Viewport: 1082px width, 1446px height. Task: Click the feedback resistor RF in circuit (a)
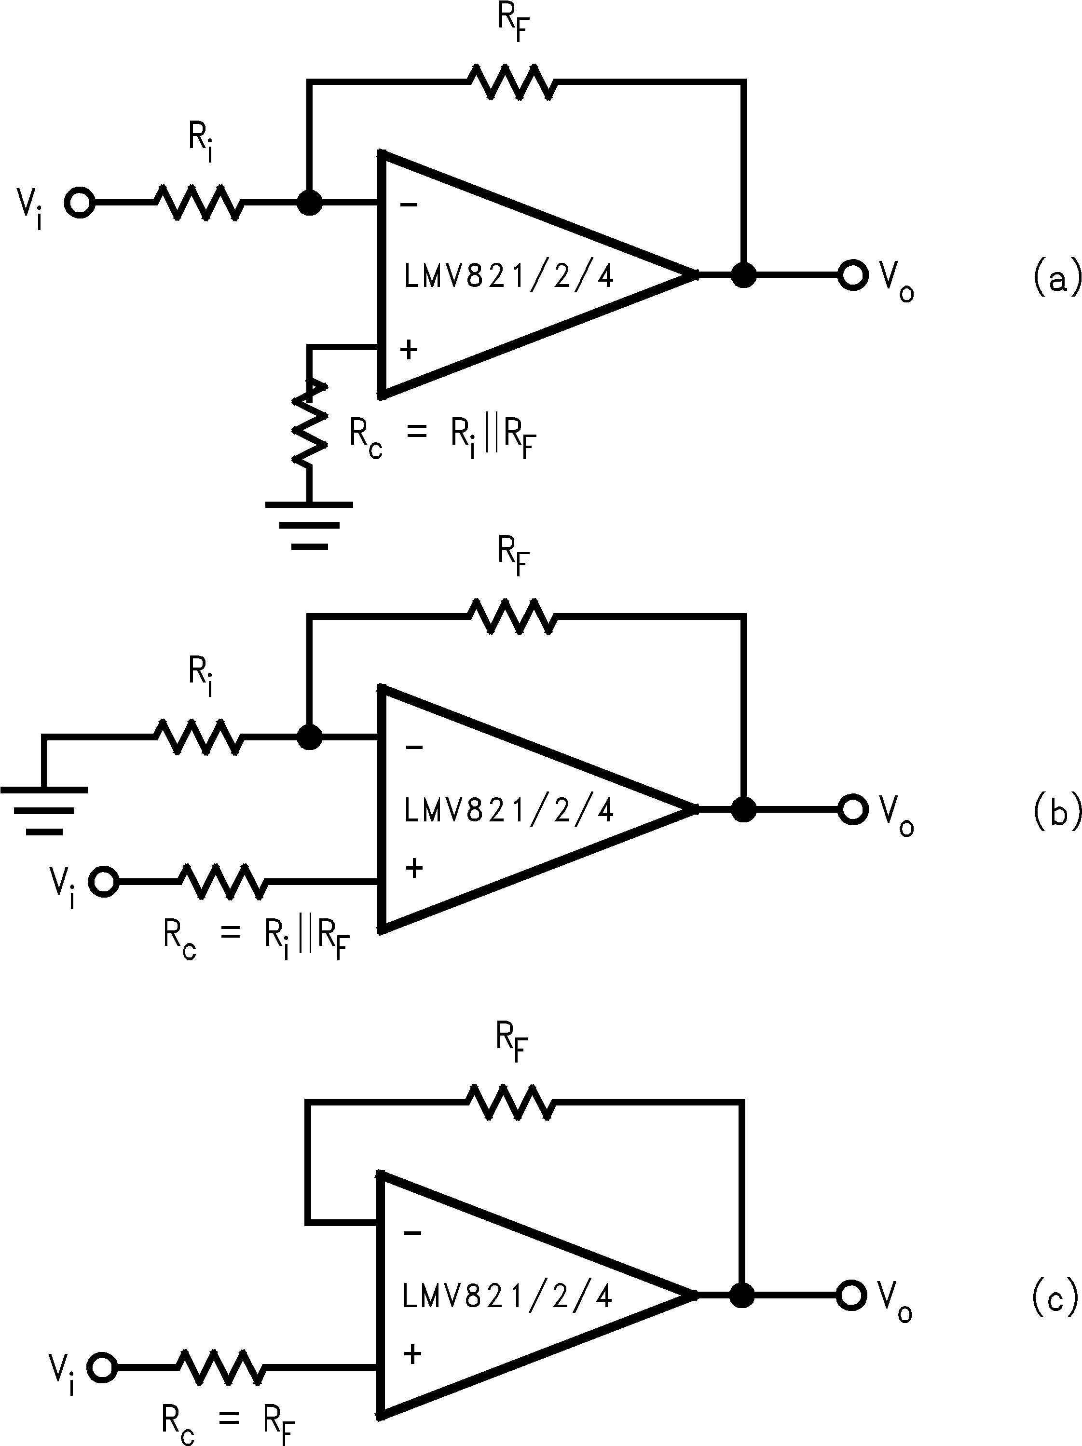512,82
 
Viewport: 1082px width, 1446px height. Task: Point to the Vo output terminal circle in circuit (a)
852,275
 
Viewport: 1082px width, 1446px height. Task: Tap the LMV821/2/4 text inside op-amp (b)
508,811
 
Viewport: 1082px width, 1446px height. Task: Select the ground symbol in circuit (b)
44,811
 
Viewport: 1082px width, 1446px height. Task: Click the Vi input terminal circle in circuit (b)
103,883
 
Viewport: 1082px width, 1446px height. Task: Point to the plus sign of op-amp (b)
414,869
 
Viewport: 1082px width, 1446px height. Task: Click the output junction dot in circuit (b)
743,809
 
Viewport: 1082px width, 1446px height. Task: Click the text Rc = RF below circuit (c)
228,1420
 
